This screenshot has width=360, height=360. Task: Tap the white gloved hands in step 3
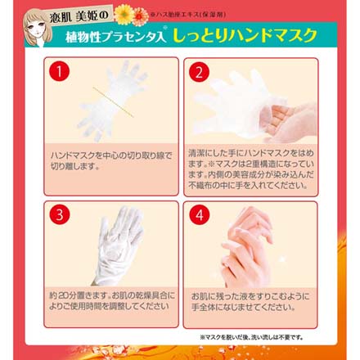pyautogui.click(x=115, y=245)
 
